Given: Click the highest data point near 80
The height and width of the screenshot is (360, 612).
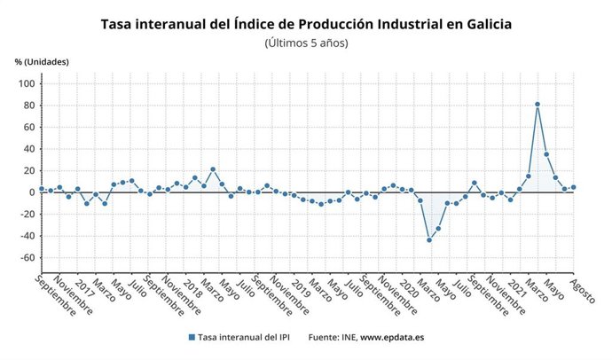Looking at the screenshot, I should click(537, 105).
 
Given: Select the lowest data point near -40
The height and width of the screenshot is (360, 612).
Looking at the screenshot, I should click(429, 240).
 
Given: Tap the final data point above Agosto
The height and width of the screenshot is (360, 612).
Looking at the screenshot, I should click(574, 187).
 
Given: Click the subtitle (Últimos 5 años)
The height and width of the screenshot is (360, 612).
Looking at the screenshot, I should click(306, 42).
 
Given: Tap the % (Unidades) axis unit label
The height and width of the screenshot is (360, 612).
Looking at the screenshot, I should click(41, 61).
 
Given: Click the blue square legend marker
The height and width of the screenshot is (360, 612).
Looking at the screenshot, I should click(192, 338).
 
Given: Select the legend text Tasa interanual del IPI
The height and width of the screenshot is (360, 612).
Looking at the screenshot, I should click(245, 338).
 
